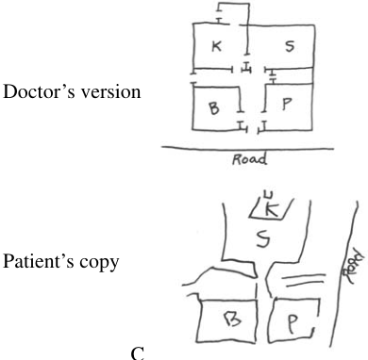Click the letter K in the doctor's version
coord(216,46)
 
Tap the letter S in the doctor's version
coord(290,46)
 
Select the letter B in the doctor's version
coord(214,108)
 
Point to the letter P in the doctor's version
coord(287,104)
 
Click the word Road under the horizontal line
coord(250,159)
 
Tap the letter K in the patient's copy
coord(272,210)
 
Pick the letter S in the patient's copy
coord(262,238)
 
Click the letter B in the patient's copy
coord(232,319)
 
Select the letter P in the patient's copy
coord(293,324)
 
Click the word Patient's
coord(39,261)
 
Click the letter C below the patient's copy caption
coord(138,353)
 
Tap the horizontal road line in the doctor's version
coord(248,148)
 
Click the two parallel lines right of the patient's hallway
coord(303,280)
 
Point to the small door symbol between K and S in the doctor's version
coord(247,68)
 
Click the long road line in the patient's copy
coord(343,273)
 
